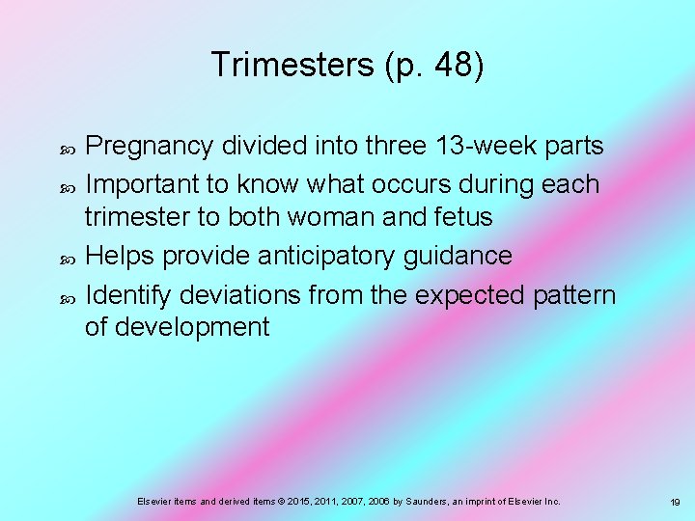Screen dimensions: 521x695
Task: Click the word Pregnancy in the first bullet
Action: coord(150,147)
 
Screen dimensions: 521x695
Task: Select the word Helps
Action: coord(120,256)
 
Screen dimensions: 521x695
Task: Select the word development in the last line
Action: coord(191,327)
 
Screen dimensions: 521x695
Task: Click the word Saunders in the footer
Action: coord(408,502)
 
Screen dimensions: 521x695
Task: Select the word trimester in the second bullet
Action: coord(137,218)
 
